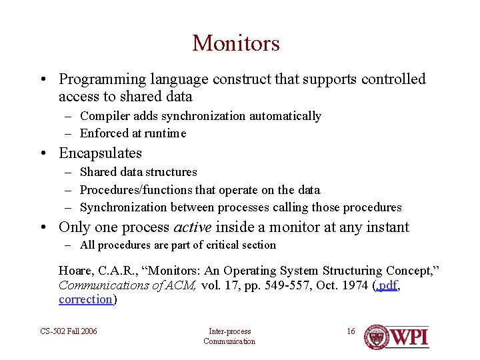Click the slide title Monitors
tap(236, 43)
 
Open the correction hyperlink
tap(85, 299)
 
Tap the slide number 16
tap(351, 331)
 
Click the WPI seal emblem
tap(377, 337)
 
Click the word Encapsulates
tap(101, 153)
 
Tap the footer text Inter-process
tap(229, 331)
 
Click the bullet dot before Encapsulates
tap(42, 154)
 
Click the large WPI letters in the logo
tap(409, 337)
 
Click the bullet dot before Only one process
tap(42, 228)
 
